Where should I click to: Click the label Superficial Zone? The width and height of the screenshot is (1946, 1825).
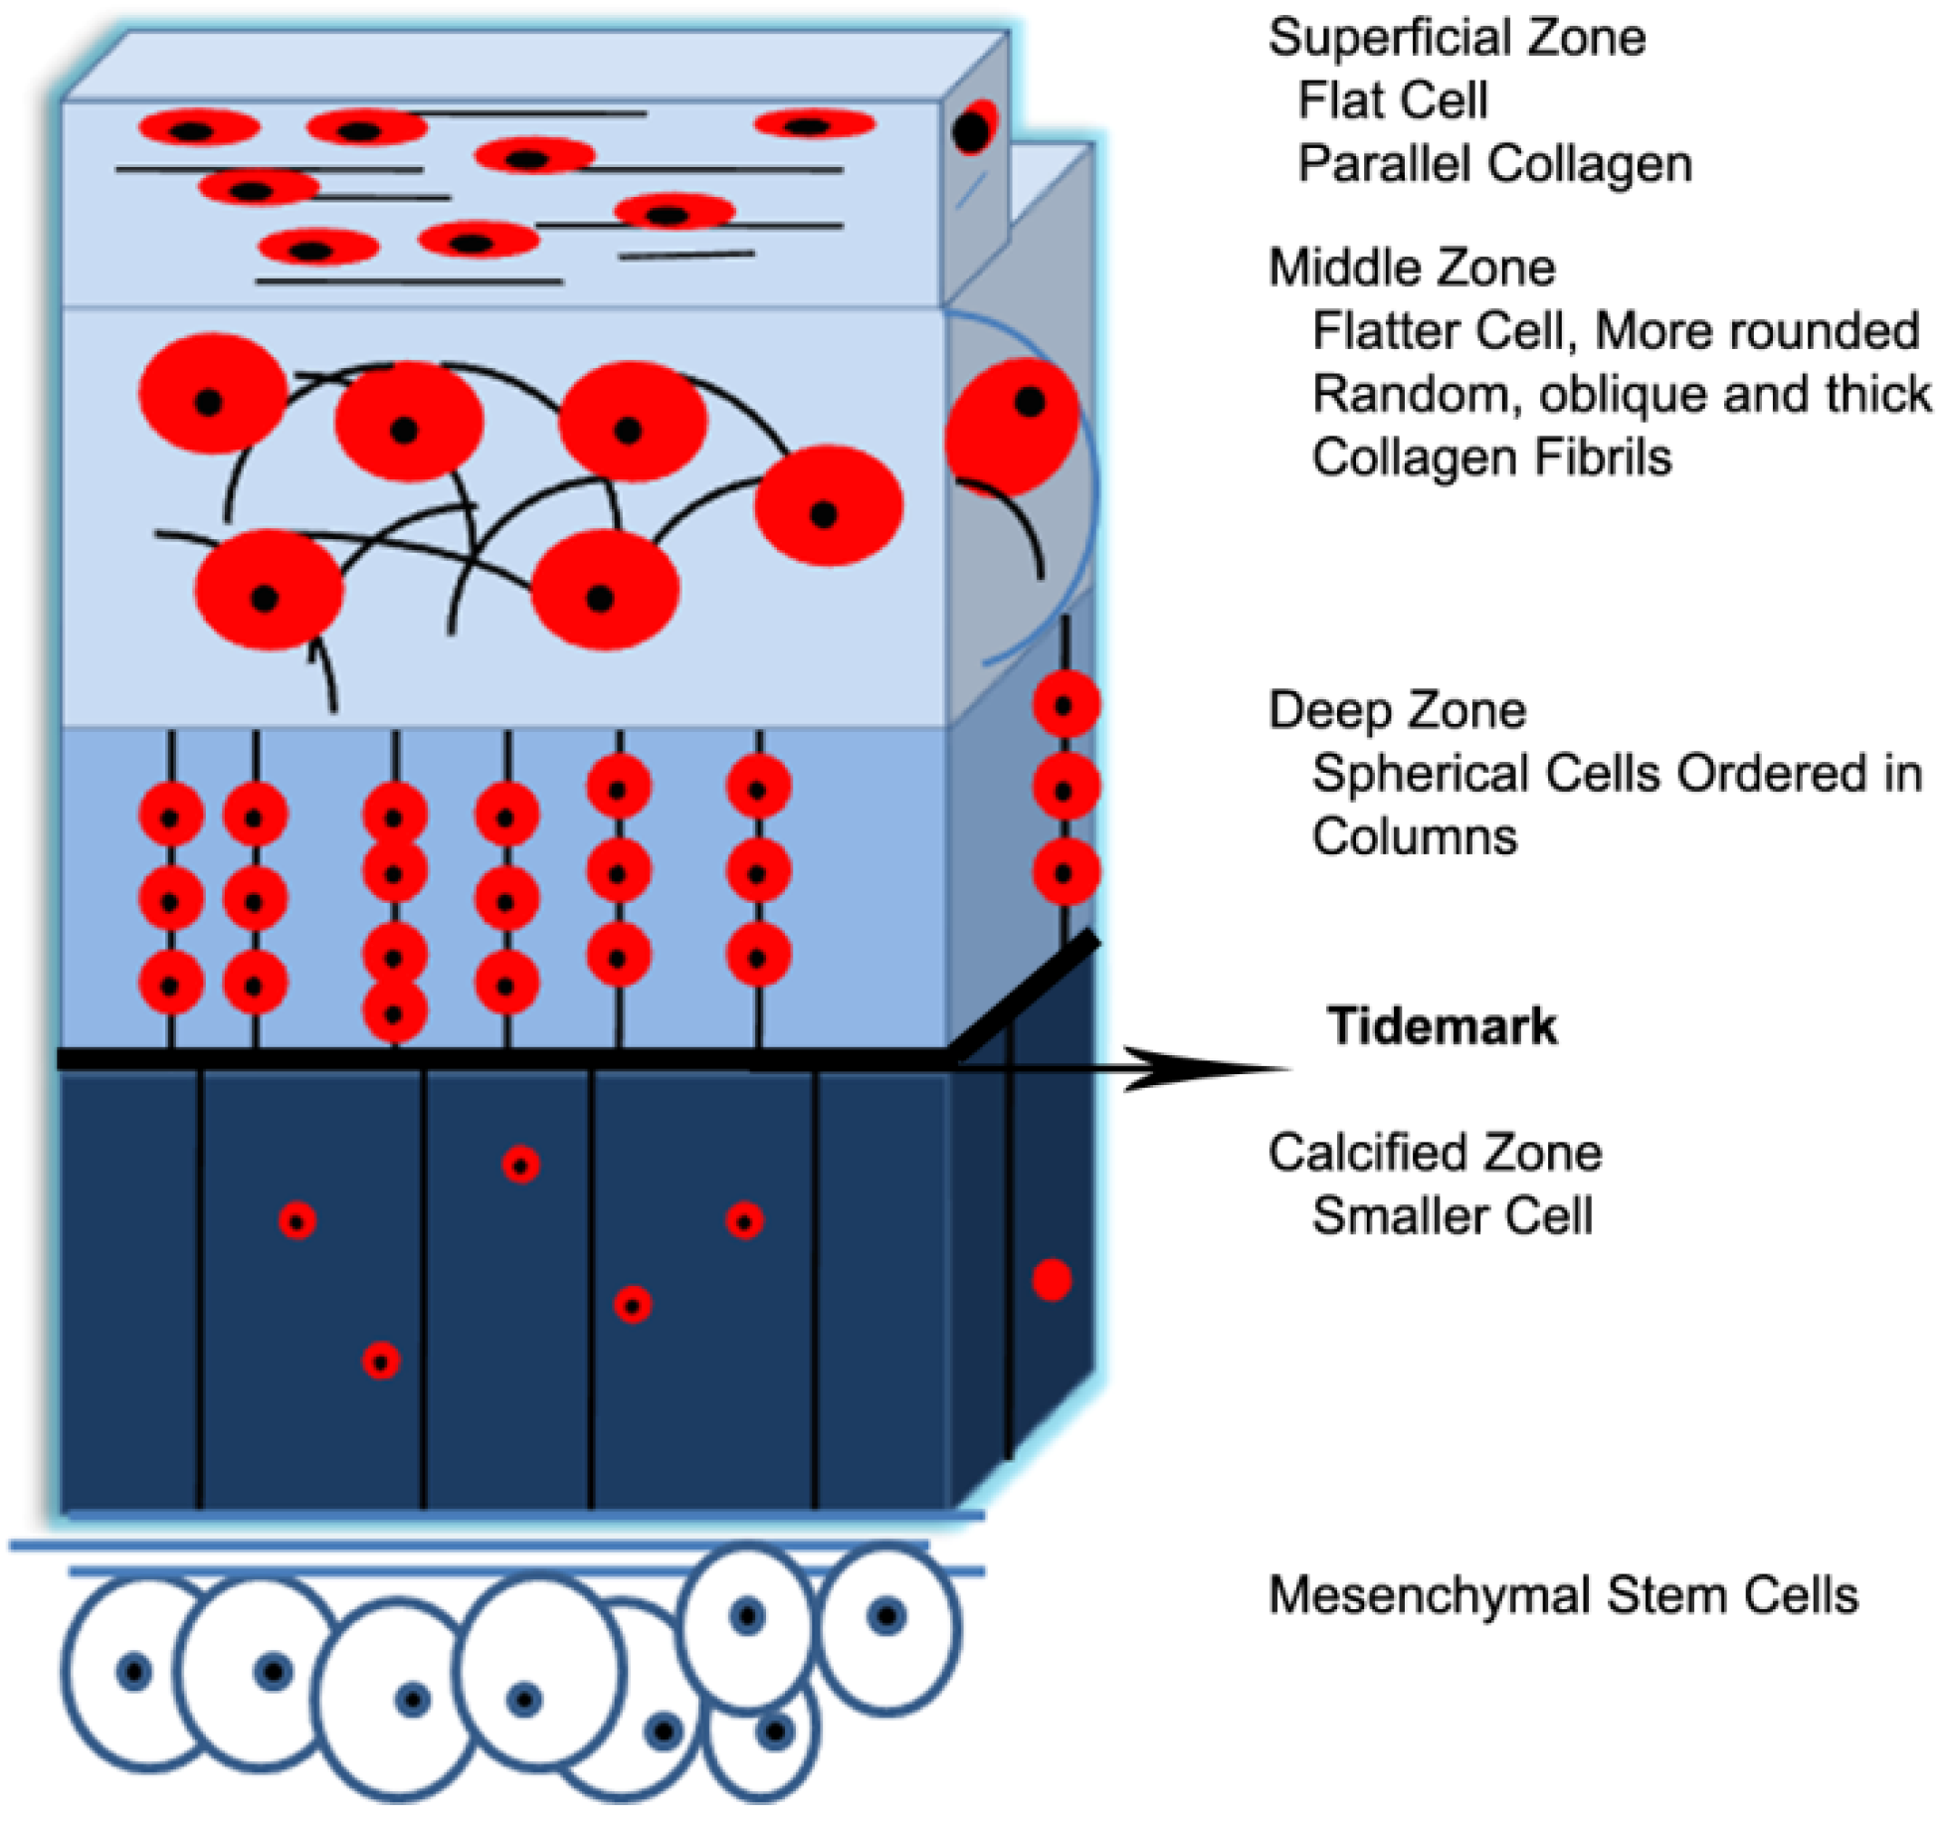point(1457,38)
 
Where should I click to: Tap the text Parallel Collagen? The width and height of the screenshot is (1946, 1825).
point(1495,164)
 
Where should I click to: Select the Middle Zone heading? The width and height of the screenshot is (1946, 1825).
point(1412,269)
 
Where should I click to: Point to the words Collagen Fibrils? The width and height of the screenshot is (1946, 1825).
point(1491,458)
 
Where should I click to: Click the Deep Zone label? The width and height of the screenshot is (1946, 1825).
point(1397,711)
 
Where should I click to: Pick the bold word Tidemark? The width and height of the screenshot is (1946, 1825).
point(1443,1025)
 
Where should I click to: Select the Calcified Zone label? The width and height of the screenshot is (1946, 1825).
point(1435,1153)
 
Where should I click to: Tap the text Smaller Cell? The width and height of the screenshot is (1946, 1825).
point(1453,1216)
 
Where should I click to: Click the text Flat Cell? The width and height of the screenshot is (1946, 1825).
point(1393,100)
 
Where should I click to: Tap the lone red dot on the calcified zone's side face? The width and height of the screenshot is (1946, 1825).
point(1052,1280)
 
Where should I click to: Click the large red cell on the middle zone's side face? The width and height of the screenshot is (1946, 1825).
point(1012,428)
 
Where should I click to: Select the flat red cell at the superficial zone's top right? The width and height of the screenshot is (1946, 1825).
point(815,124)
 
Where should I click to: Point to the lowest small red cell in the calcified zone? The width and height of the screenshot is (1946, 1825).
point(381,1361)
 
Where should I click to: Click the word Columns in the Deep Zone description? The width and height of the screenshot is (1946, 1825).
point(1415,837)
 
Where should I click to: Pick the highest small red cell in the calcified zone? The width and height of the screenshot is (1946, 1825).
point(521,1165)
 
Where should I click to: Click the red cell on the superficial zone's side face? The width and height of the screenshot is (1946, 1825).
point(974,127)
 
